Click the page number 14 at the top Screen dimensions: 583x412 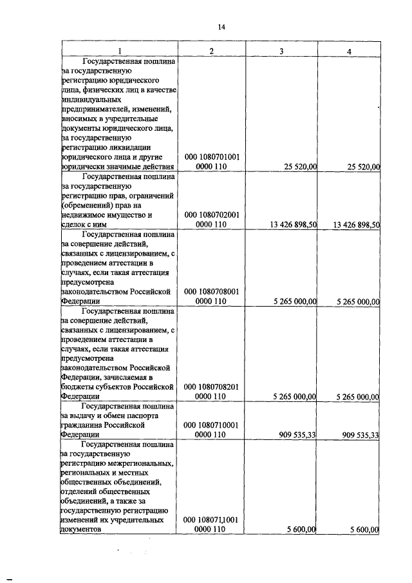point(221,26)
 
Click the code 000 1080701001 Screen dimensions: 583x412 point(212,157)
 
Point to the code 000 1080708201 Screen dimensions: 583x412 point(212,387)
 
